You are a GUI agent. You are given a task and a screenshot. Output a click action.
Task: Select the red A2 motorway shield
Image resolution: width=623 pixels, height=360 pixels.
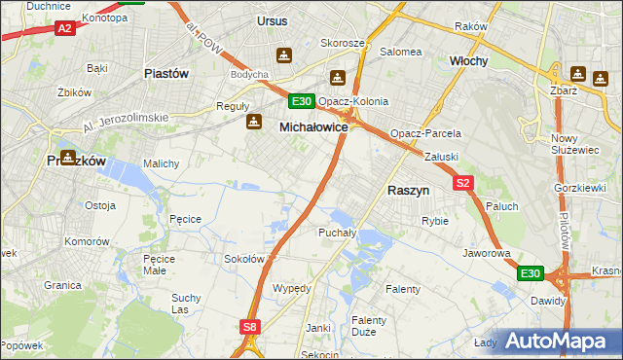(x=64, y=29)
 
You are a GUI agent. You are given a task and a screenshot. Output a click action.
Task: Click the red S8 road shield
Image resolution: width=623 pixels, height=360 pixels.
(x=250, y=328)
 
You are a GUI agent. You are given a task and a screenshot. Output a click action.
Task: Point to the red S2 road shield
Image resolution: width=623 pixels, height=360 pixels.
(x=463, y=182)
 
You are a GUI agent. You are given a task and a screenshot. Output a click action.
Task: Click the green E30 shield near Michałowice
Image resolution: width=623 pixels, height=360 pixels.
(x=301, y=100)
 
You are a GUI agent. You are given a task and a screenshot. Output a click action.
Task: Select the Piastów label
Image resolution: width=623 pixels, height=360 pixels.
(x=165, y=73)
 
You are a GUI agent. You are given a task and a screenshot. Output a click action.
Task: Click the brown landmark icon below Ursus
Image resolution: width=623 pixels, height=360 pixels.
(x=284, y=55)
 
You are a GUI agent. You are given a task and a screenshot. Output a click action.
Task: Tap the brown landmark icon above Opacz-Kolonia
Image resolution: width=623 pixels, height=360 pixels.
(x=338, y=78)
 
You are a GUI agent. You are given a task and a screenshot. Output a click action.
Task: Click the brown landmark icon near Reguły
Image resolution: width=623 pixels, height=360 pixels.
(x=254, y=122)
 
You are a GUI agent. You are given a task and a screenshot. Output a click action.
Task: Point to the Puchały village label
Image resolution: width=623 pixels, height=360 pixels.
(x=338, y=233)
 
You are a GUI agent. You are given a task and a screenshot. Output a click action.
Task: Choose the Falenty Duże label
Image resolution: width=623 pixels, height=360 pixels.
(x=369, y=326)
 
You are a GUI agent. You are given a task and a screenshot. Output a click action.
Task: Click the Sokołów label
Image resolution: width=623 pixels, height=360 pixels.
(x=244, y=259)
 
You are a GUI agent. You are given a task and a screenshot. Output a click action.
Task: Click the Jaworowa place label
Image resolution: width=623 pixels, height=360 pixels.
(x=488, y=253)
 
